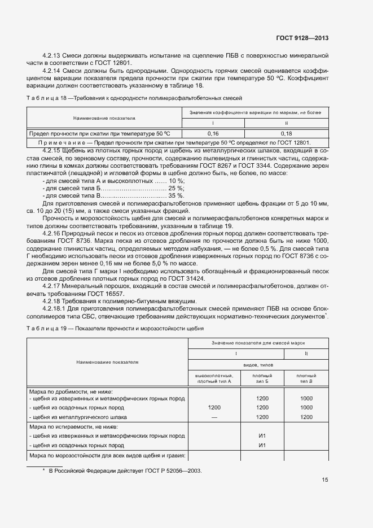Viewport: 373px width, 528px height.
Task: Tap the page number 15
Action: tap(324, 480)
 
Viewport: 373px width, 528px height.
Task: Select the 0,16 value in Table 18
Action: tap(213, 133)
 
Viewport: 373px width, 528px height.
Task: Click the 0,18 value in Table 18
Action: tap(286, 133)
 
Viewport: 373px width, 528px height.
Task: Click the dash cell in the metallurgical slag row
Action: tap(214, 417)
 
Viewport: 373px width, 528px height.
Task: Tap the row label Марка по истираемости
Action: tap(71, 427)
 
